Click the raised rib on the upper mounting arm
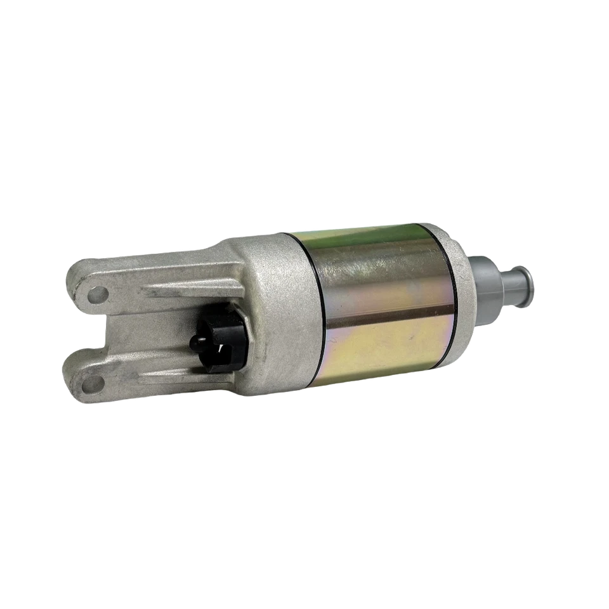(190, 289)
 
